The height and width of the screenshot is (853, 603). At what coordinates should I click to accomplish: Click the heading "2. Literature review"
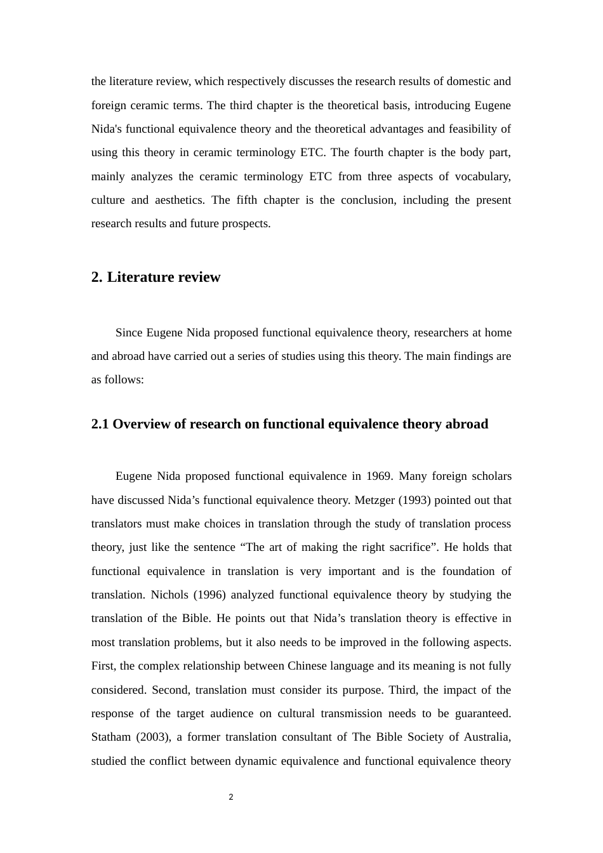[x=156, y=277]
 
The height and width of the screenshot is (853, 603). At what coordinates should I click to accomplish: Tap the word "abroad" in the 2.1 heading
[x=467, y=424]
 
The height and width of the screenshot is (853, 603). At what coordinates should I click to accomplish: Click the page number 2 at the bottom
[x=231, y=797]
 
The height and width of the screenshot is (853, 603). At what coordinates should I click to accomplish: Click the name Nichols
[x=169, y=595]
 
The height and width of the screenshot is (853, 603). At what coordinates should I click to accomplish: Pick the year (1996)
[x=209, y=595]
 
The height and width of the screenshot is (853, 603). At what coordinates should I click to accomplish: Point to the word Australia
[x=488, y=737]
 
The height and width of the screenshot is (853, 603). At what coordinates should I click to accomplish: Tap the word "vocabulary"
[x=484, y=176]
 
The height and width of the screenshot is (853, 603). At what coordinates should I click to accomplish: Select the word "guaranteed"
[x=481, y=713]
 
